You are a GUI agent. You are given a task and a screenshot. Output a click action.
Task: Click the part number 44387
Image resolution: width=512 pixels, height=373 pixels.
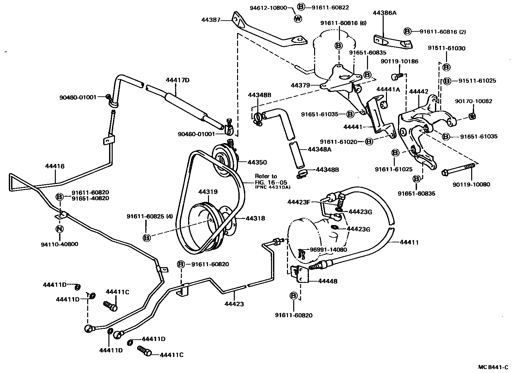click(210, 20)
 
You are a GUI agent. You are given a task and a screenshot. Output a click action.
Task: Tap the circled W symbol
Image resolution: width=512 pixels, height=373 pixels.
click(298, 19)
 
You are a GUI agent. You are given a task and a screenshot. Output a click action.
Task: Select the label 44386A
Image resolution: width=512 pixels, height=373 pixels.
click(384, 13)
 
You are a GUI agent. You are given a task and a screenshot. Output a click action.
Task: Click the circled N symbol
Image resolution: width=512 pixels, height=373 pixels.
click(59, 229)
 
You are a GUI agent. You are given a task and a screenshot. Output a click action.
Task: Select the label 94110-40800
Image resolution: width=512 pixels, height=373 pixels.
click(60, 244)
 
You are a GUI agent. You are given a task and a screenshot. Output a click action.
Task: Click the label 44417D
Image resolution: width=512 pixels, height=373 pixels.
click(177, 80)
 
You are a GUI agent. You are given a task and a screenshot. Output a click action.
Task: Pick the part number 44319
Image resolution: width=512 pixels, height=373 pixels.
click(208, 192)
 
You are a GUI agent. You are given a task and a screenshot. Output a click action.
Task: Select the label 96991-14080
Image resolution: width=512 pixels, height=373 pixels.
click(328, 250)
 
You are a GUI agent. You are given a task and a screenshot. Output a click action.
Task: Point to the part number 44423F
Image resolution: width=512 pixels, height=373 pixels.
click(298, 202)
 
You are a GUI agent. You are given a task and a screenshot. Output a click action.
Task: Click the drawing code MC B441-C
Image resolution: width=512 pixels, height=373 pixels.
click(493, 367)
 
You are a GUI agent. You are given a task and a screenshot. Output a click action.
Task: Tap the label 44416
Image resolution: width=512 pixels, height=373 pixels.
click(55, 166)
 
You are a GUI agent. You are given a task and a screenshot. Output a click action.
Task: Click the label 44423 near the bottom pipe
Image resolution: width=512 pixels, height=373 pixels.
click(234, 304)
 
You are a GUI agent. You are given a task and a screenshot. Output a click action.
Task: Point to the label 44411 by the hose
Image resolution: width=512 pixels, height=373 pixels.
click(409, 242)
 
